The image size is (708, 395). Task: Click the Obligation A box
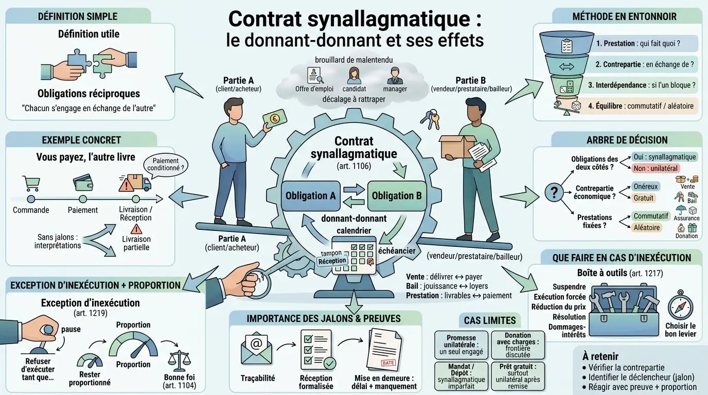tap(310, 196)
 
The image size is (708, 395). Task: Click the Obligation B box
tap(397, 196)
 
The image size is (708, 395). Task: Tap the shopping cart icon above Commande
tap(31, 183)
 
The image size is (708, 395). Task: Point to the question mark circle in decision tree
tap(554, 193)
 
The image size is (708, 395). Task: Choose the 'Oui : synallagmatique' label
tap(664, 157)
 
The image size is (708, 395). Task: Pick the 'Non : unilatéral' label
tap(656, 168)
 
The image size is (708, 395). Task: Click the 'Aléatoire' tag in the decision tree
tap(646, 227)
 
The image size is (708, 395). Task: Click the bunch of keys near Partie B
tap(430, 119)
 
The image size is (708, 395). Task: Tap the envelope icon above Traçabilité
tap(256, 349)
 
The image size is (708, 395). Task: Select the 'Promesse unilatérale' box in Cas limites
tap(461, 345)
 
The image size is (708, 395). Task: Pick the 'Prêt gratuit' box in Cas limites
tap(518, 375)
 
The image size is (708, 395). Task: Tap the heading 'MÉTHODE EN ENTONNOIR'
tap(624, 16)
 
